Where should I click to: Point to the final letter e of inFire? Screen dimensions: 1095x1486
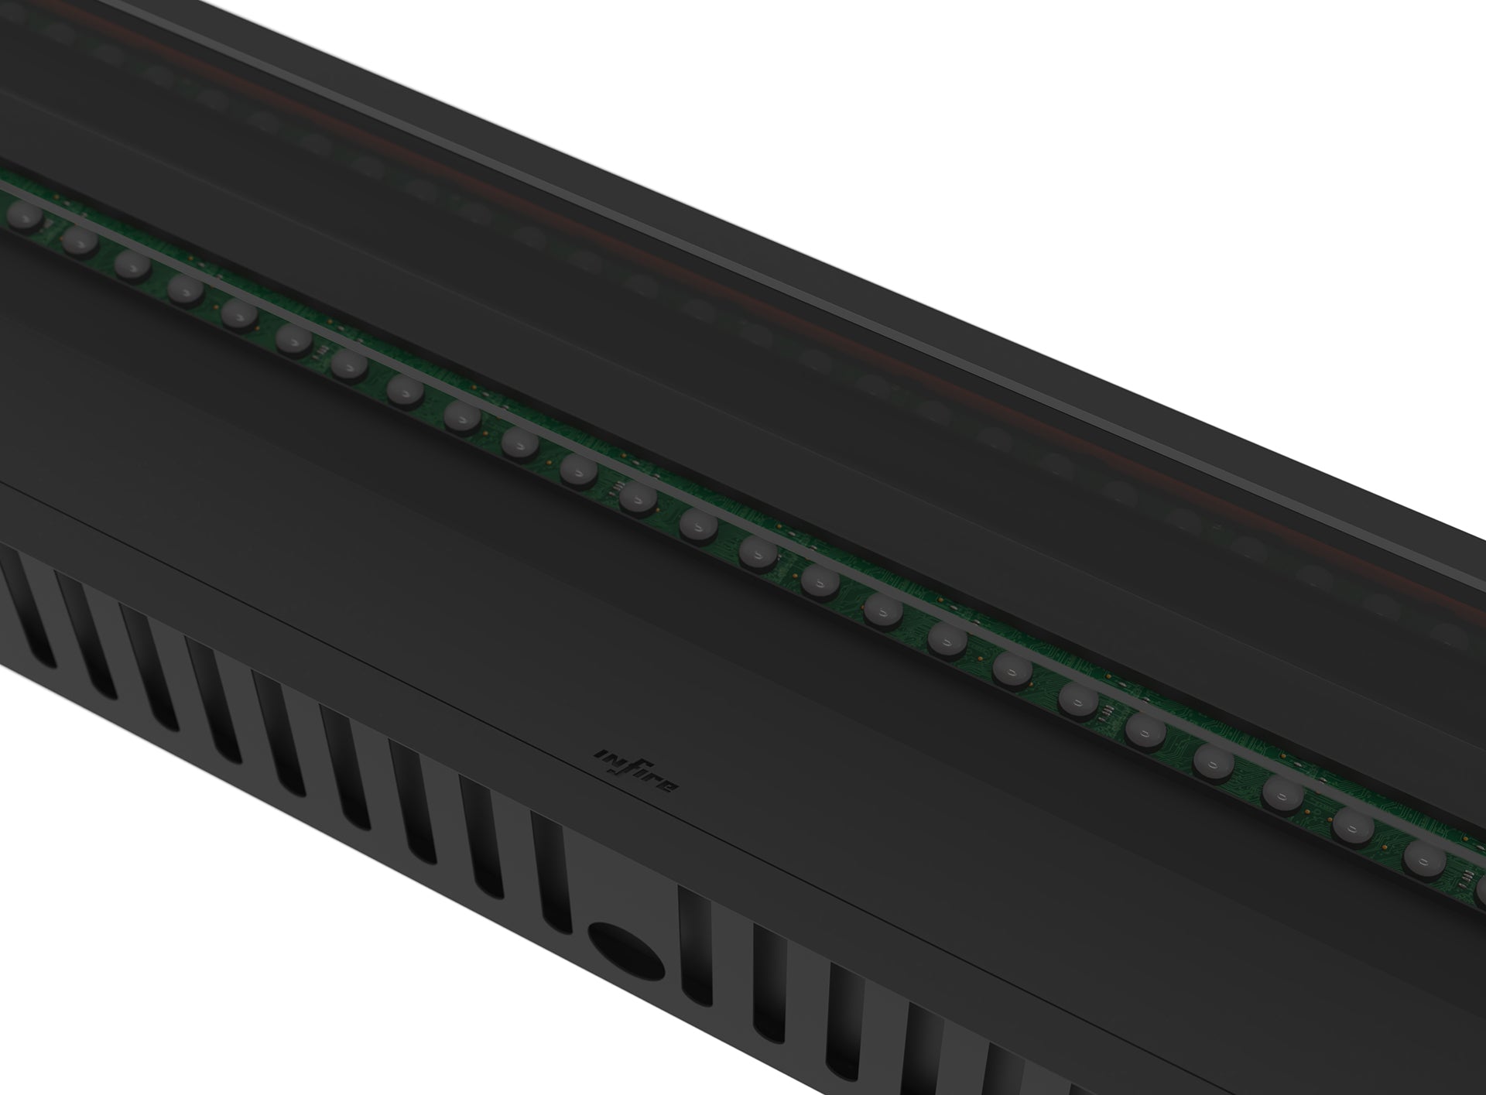pyautogui.click(x=669, y=788)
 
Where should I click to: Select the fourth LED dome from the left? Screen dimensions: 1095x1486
pyautogui.click(x=185, y=289)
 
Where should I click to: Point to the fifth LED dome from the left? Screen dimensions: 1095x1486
pyautogui.click(x=238, y=313)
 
